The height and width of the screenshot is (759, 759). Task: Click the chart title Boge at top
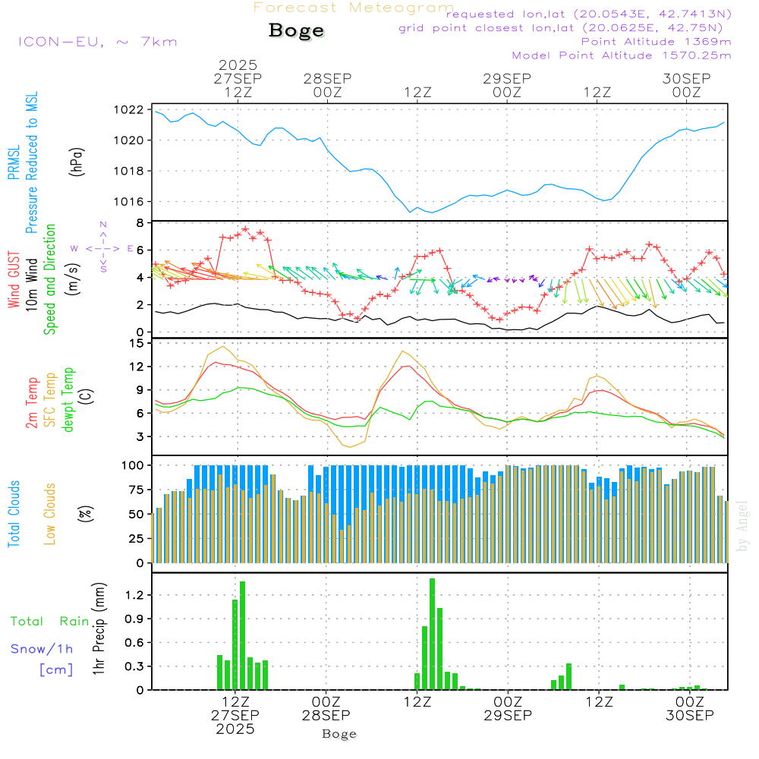pyautogui.click(x=296, y=31)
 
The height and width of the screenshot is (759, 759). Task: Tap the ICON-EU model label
pyautogui.click(x=97, y=42)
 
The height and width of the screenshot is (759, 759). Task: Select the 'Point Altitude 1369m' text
pyautogui.click(x=656, y=42)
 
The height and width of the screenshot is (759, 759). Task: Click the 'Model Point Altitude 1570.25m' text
pyautogui.click(x=622, y=55)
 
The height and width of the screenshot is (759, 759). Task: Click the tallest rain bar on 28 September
pyautogui.click(x=432, y=634)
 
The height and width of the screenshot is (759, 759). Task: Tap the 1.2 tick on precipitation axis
pyautogui.click(x=134, y=595)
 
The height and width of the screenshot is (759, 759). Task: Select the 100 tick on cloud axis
pyautogui.click(x=134, y=465)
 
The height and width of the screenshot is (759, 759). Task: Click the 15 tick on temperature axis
pyautogui.click(x=137, y=344)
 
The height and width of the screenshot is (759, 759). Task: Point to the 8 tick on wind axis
pyautogui.click(x=140, y=223)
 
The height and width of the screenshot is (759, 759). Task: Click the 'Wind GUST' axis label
pyautogui.click(x=14, y=280)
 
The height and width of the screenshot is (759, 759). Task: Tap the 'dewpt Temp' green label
pyautogui.click(x=68, y=400)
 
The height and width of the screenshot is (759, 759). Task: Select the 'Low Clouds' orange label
pyautogui.click(x=51, y=514)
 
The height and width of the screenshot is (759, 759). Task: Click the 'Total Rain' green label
pyautogui.click(x=50, y=622)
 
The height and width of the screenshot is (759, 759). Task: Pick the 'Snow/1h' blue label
pyautogui.click(x=42, y=649)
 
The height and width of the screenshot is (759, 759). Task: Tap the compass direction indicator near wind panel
pyautogui.click(x=102, y=247)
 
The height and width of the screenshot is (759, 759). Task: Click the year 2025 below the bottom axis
pyautogui.click(x=235, y=729)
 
